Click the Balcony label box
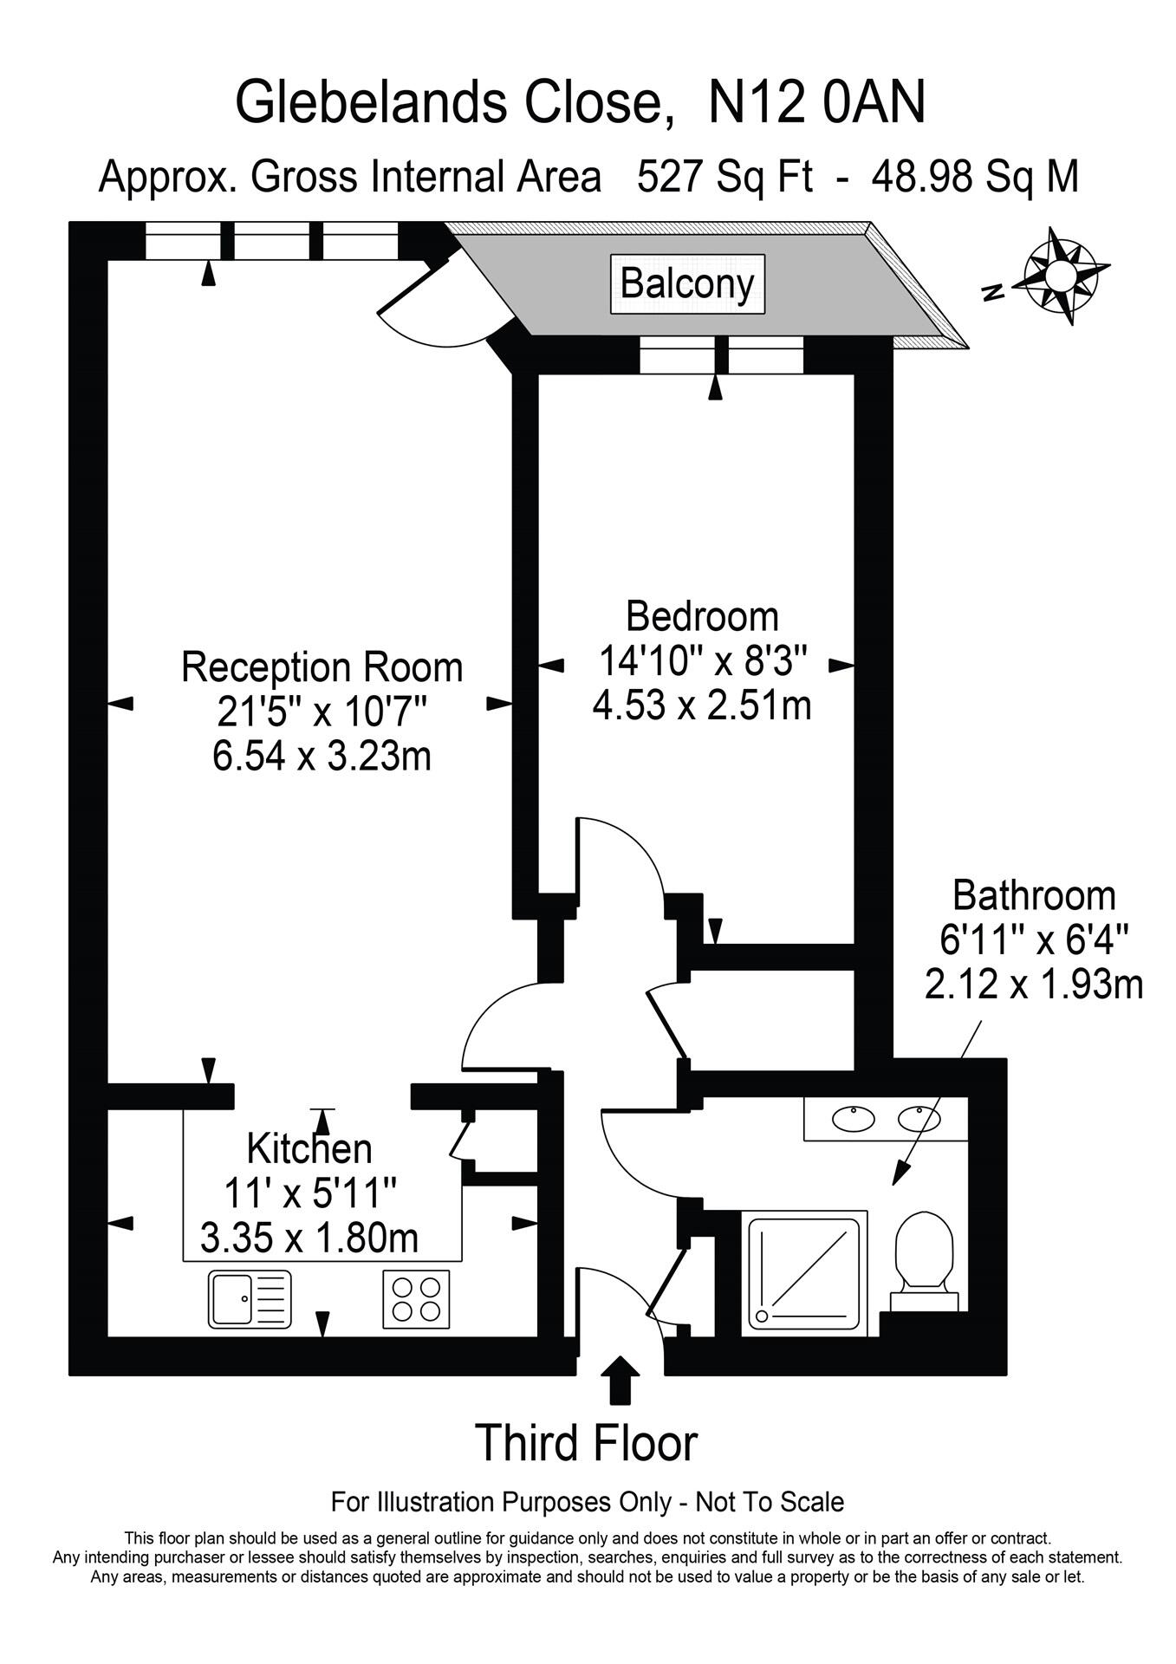(687, 283)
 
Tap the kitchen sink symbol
(250, 1299)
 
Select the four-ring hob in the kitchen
(416, 1299)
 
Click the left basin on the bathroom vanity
(854, 1118)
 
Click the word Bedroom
(702, 617)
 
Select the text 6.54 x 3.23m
(322, 756)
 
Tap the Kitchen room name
(309, 1148)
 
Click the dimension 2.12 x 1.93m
(1033, 985)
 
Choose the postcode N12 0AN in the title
(816, 102)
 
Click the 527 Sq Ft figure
(724, 178)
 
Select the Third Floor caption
(587, 1443)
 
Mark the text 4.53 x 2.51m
(702, 705)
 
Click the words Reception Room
(322, 667)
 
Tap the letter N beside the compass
(994, 292)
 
